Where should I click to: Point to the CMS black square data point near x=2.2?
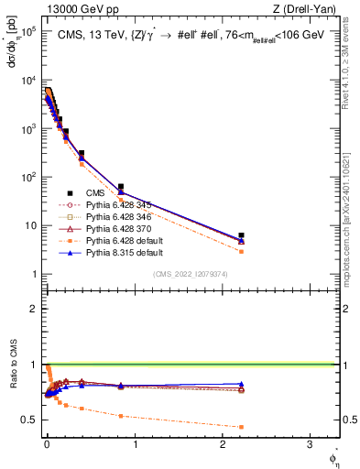point(241,235)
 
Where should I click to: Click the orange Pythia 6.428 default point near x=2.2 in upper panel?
point(241,251)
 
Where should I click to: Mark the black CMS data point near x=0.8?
point(121,187)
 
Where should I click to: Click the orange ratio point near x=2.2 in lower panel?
point(241,427)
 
